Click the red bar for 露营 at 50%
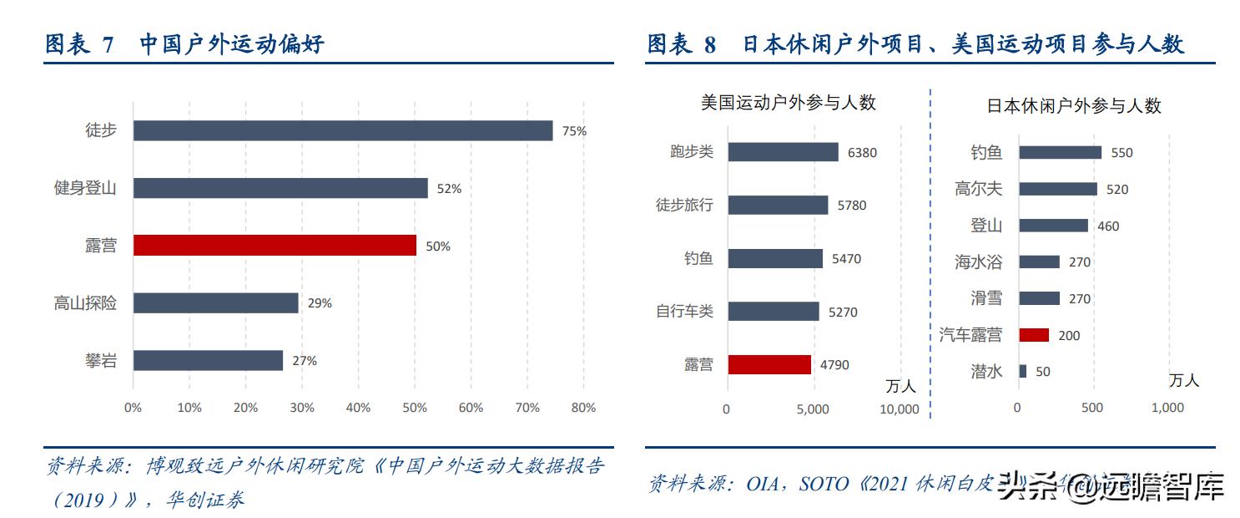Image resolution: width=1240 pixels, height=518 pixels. pyautogui.click(x=275, y=246)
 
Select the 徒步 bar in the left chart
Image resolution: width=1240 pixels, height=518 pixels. pyautogui.click(x=342, y=130)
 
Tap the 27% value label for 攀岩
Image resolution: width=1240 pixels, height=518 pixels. pyautogui.click(x=304, y=361)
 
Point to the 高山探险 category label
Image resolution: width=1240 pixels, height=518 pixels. pyautogui.click(x=85, y=303)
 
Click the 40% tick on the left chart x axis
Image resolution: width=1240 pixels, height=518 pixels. pyautogui.click(x=358, y=408)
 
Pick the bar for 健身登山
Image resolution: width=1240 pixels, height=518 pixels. pyautogui.click(x=280, y=188)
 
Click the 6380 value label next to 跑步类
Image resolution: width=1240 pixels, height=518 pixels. pyautogui.click(x=862, y=153)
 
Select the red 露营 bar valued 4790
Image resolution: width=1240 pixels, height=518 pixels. pyautogui.click(x=769, y=364)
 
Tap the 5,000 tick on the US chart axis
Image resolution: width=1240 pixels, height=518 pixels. pyautogui.click(x=813, y=409)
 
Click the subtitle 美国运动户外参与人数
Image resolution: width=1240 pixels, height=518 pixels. pyautogui.click(x=788, y=103)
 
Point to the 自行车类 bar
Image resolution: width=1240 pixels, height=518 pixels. pyautogui.click(x=773, y=312)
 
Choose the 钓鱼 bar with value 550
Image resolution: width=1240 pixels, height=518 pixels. pyautogui.click(x=1060, y=153)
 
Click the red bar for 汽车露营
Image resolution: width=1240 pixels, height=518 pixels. pyautogui.click(x=1033, y=335)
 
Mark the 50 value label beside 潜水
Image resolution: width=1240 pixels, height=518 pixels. pyautogui.click(x=1042, y=372)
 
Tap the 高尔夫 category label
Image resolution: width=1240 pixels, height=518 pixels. pyautogui.click(x=978, y=190)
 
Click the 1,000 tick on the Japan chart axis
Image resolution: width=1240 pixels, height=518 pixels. pyautogui.click(x=1167, y=408)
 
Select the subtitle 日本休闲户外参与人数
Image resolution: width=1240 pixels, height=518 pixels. pyautogui.click(x=1074, y=106)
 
